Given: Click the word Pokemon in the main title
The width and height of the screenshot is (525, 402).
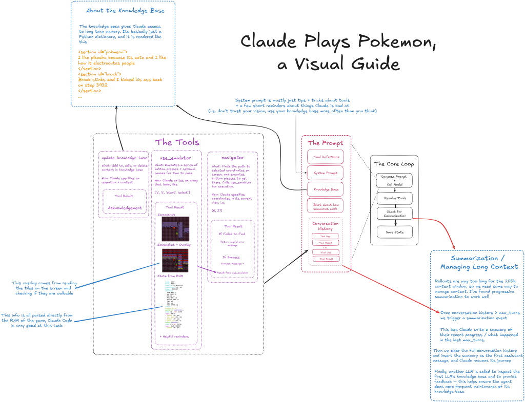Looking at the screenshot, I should pos(397,42).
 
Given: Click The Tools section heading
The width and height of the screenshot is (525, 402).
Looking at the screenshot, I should pos(177,142).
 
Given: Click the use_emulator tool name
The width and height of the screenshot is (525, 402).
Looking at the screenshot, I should pos(175,158).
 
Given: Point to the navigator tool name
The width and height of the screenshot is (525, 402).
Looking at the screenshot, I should pos(232,158).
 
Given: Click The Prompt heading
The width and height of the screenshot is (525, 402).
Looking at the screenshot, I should pos(326,143).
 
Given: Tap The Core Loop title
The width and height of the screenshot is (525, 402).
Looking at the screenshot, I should pos(394,164).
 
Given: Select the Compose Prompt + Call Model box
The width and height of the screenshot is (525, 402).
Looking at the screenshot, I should pos(394,180).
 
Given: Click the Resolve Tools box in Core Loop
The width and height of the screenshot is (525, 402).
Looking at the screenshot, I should pos(394,197).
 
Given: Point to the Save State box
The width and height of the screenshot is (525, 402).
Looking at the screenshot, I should pos(394,232).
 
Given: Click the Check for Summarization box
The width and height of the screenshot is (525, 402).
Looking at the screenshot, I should pos(394,214).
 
